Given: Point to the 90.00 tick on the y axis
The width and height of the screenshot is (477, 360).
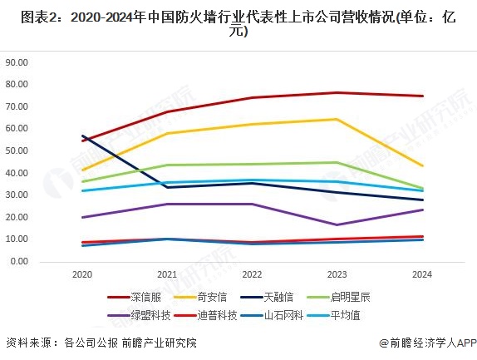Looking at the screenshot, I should (x=17, y=62).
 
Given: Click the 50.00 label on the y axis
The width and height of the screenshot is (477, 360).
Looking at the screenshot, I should (x=17, y=150).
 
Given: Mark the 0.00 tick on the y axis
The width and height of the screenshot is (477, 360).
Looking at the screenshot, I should (x=19, y=261).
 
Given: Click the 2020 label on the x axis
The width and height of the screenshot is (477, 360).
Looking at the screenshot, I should (x=82, y=274).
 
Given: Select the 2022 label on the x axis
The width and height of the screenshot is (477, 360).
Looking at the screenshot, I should (x=252, y=274).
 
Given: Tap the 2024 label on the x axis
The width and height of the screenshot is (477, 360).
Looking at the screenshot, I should (x=422, y=274).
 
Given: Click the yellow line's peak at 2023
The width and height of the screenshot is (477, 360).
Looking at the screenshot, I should (x=337, y=119).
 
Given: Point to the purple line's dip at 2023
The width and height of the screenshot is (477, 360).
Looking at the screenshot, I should (x=337, y=224).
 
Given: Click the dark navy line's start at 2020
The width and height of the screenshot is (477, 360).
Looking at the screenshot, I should (x=82, y=136).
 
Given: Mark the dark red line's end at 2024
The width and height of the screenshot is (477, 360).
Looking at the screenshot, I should (x=422, y=96).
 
